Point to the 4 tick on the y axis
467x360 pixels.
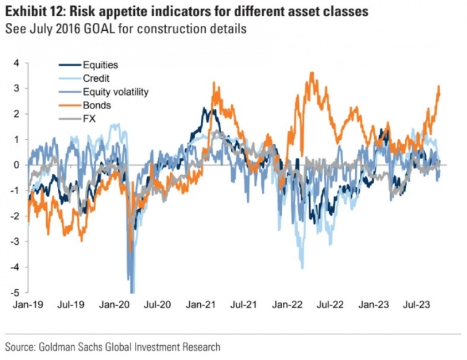pos(17,63)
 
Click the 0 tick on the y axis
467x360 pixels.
pos(17,165)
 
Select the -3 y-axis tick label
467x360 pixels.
pos(15,242)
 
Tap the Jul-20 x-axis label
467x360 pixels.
pos(158,305)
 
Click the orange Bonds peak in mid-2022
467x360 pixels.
pos(312,73)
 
